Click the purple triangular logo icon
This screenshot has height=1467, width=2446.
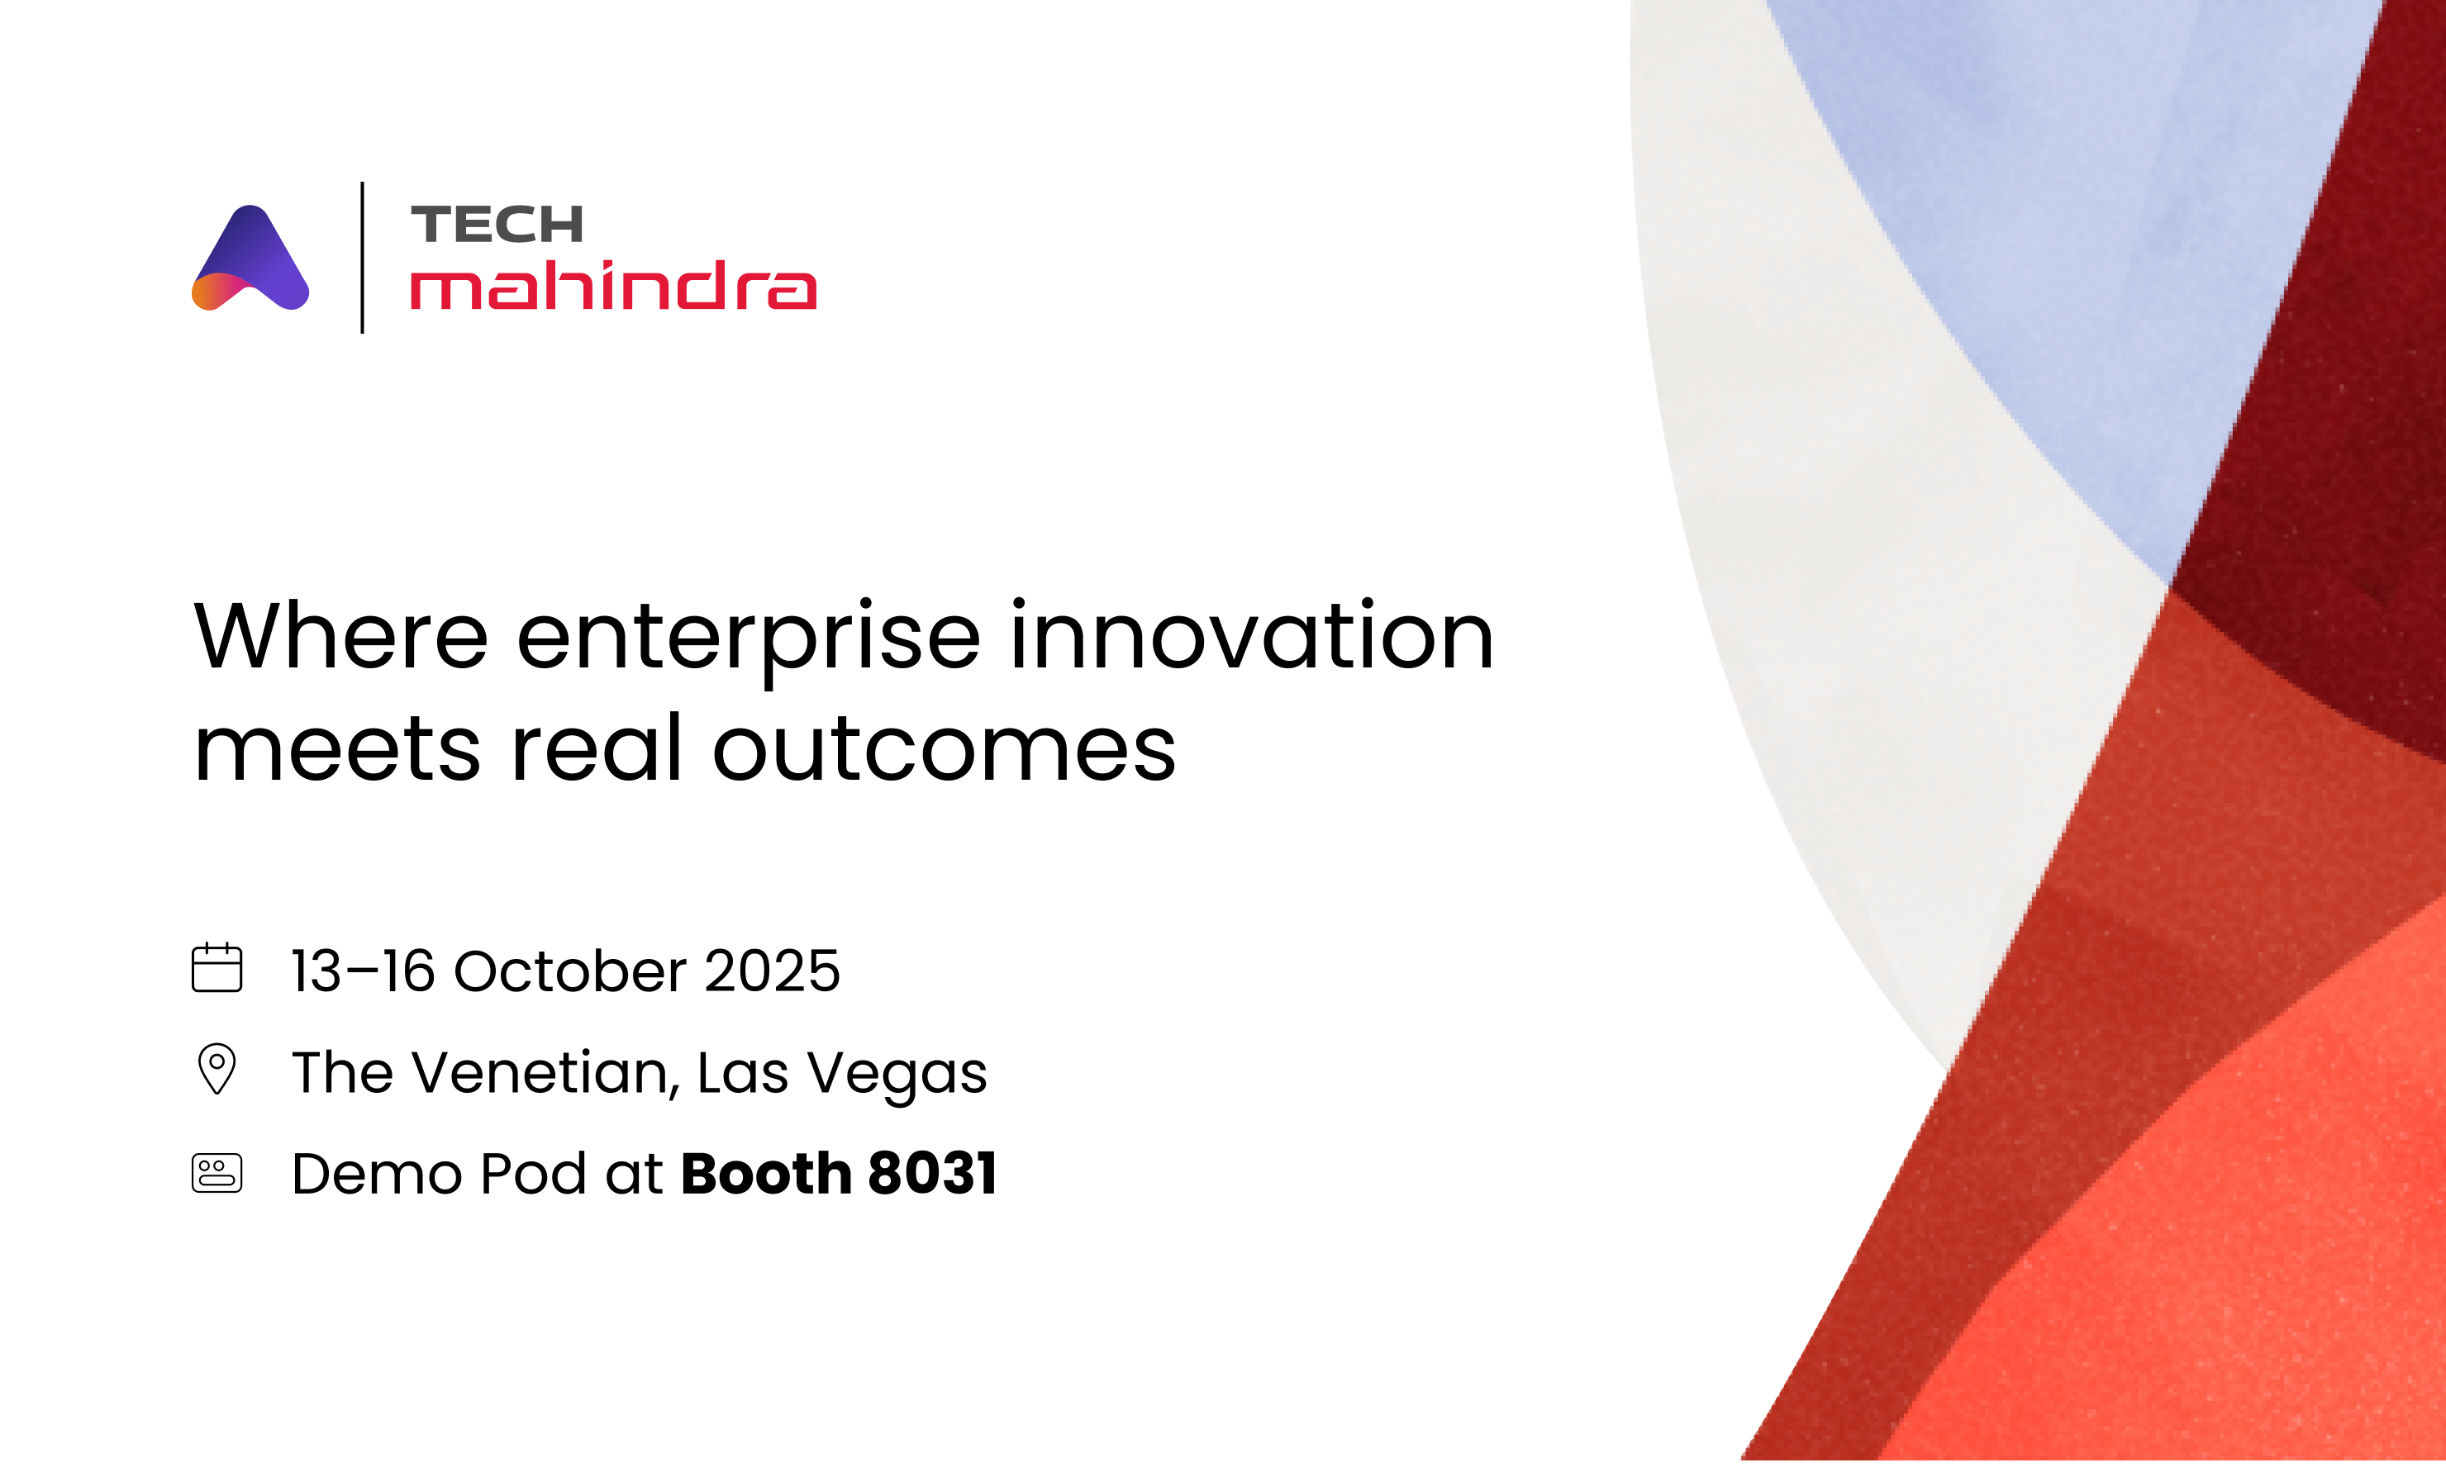pos(250,260)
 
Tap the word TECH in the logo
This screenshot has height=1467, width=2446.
pos(497,225)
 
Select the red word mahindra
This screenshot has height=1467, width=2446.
pos(613,286)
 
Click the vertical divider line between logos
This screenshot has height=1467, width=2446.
pos(363,257)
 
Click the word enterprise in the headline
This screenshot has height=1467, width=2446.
pos(749,638)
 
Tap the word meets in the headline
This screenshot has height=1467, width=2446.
pos(337,749)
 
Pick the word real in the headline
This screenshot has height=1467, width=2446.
pos(596,748)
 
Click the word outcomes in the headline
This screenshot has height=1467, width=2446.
pos(945,749)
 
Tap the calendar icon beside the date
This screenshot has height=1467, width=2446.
pos(217,968)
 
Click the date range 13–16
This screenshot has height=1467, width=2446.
pos(363,971)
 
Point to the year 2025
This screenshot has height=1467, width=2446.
pos(771,971)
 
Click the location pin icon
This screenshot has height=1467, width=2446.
pos(217,1069)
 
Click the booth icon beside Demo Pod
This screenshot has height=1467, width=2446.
pos(217,1174)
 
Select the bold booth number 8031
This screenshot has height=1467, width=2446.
pos(931,1174)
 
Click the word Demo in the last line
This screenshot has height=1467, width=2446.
pos(377,1175)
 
